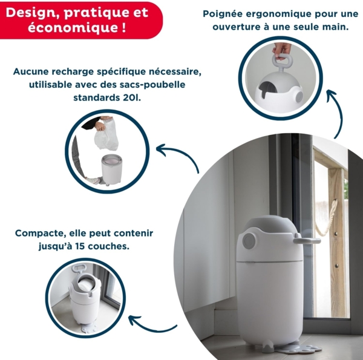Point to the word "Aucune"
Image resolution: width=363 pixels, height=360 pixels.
click(x=31, y=71)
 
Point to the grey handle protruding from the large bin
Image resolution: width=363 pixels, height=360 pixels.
click(x=307, y=240)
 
